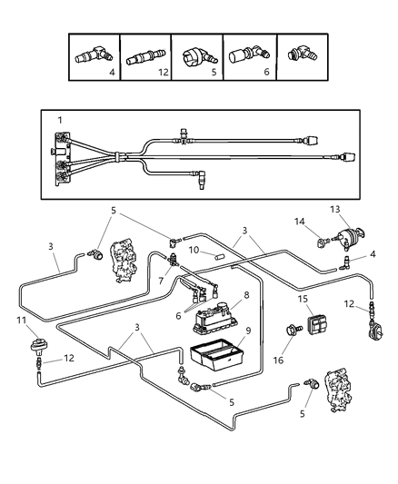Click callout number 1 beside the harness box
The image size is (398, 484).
pyautogui.click(x=61, y=120)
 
